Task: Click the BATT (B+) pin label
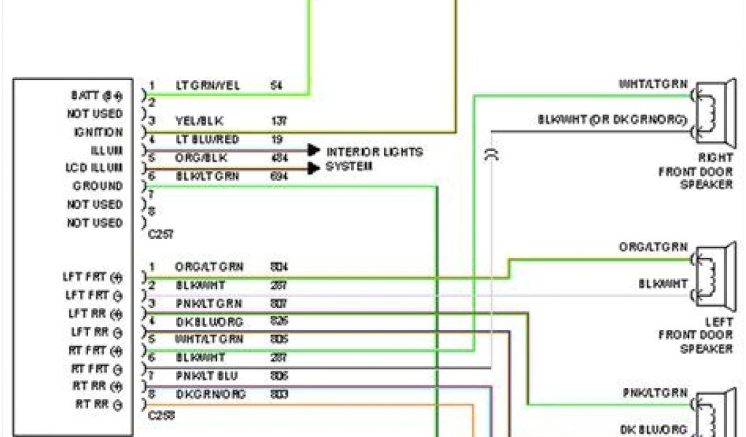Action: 97,95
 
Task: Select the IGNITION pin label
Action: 98,132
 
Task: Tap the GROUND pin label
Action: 98,186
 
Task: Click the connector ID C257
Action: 161,235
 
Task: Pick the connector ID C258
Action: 161,417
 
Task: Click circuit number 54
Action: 276,85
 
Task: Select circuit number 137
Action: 278,120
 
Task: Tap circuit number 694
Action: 278,176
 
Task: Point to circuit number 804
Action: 278,267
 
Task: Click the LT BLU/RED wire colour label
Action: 207,139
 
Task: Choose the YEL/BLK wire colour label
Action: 199,120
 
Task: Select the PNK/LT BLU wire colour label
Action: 206,376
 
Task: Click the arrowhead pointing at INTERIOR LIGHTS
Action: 314,150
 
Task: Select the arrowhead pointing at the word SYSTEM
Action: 314,168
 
